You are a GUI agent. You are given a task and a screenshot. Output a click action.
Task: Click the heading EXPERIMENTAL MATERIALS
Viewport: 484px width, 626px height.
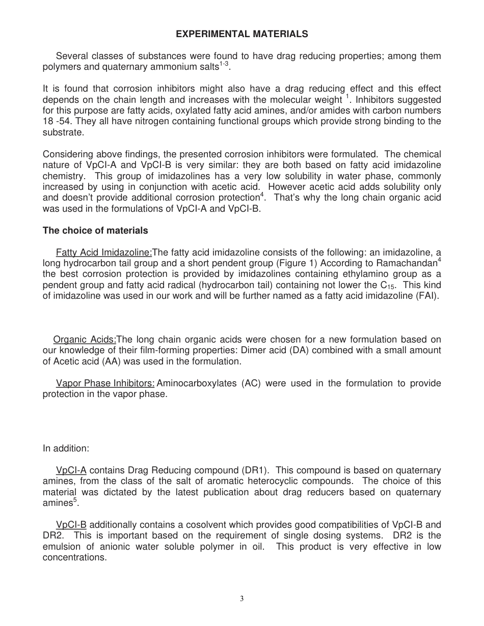241,34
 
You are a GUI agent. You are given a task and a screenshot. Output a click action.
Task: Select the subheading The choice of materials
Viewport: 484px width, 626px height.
95,231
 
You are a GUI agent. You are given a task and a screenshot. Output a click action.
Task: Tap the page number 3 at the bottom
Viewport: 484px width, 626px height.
241,599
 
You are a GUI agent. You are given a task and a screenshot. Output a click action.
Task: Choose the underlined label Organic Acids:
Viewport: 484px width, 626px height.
85,339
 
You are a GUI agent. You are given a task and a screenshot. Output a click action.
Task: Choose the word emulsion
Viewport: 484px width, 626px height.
62,547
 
